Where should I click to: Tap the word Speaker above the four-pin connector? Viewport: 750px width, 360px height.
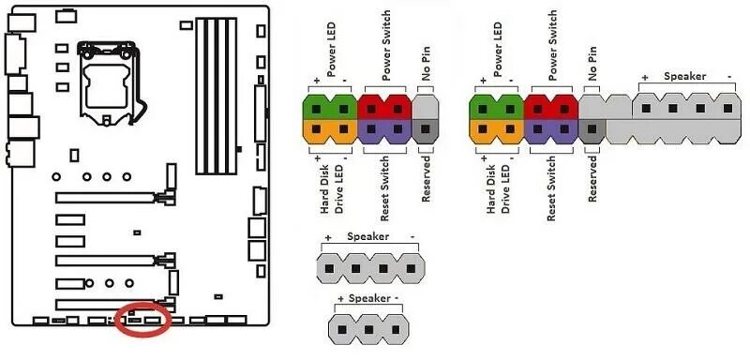click(x=367, y=236)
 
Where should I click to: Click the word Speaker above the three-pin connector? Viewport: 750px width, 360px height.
click(x=367, y=298)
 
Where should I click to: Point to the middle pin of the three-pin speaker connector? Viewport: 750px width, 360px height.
click(x=367, y=328)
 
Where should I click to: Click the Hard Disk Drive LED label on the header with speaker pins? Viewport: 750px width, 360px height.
click(x=497, y=192)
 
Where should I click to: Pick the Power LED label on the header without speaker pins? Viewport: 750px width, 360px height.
click(x=331, y=52)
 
